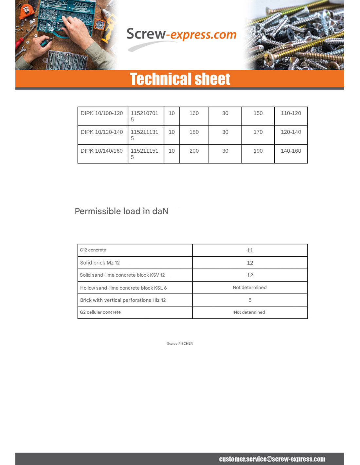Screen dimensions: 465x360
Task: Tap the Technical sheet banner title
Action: (x=180, y=79)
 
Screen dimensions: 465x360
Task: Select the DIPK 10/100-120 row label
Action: (x=102, y=113)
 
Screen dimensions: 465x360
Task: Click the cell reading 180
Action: (x=194, y=132)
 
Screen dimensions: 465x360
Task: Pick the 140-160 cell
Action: (x=291, y=151)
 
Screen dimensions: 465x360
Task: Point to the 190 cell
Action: (x=258, y=151)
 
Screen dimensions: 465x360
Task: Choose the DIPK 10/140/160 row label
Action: (x=102, y=151)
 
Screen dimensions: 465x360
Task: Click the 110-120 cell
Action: (x=291, y=113)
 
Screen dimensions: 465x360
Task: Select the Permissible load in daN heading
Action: (x=121, y=211)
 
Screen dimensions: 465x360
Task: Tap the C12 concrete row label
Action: (x=93, y=250)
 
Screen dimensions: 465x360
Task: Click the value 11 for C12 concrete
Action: (x=250, y=250)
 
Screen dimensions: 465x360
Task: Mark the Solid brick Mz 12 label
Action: (x=100, y=263)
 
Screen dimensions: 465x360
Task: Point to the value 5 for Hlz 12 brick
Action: (x=250, y=300)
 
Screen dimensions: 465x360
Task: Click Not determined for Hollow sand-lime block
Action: (x=250, y=287)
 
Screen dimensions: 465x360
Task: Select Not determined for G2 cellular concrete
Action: (x=249, y=312)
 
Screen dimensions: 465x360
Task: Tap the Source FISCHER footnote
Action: (x=180, y=344)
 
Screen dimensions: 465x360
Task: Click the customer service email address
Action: (x=272, y=459)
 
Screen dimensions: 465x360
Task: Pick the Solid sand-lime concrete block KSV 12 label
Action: (x=122, y=275)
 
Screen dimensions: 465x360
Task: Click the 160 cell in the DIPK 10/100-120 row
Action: (x=194, y=113)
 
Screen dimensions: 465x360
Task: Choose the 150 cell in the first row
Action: (x=258, y=113)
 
